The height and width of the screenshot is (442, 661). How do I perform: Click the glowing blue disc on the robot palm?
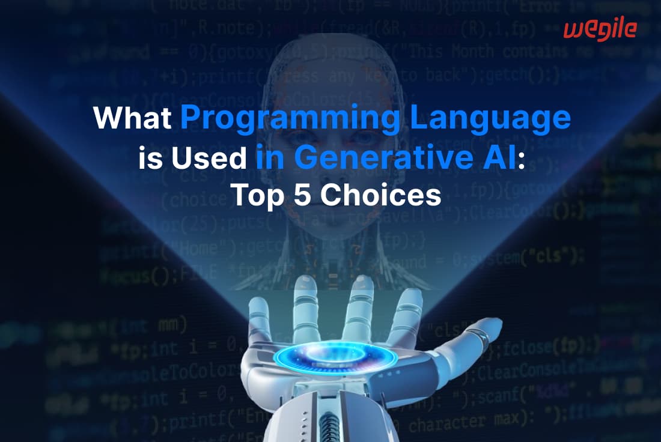(335, 356)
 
